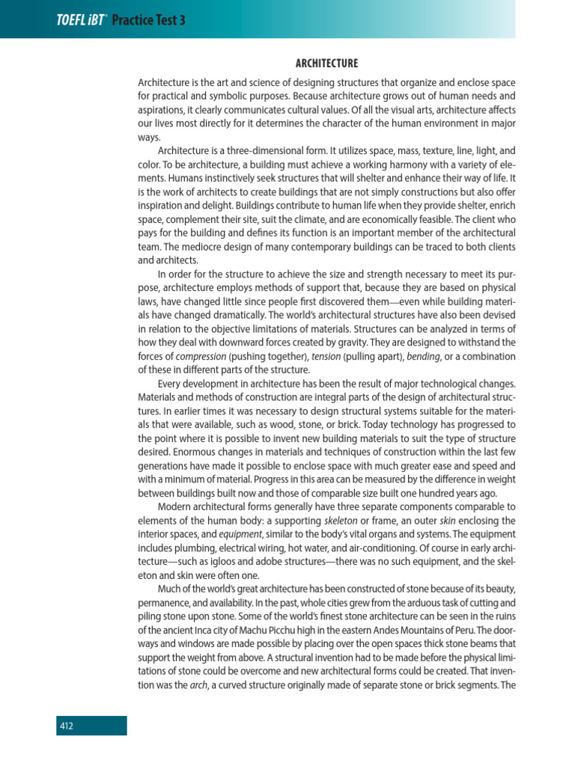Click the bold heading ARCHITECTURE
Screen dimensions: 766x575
tap(326, 64)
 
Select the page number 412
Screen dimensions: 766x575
tap(67, 725)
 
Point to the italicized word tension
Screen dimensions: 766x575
tap(326, 355)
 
